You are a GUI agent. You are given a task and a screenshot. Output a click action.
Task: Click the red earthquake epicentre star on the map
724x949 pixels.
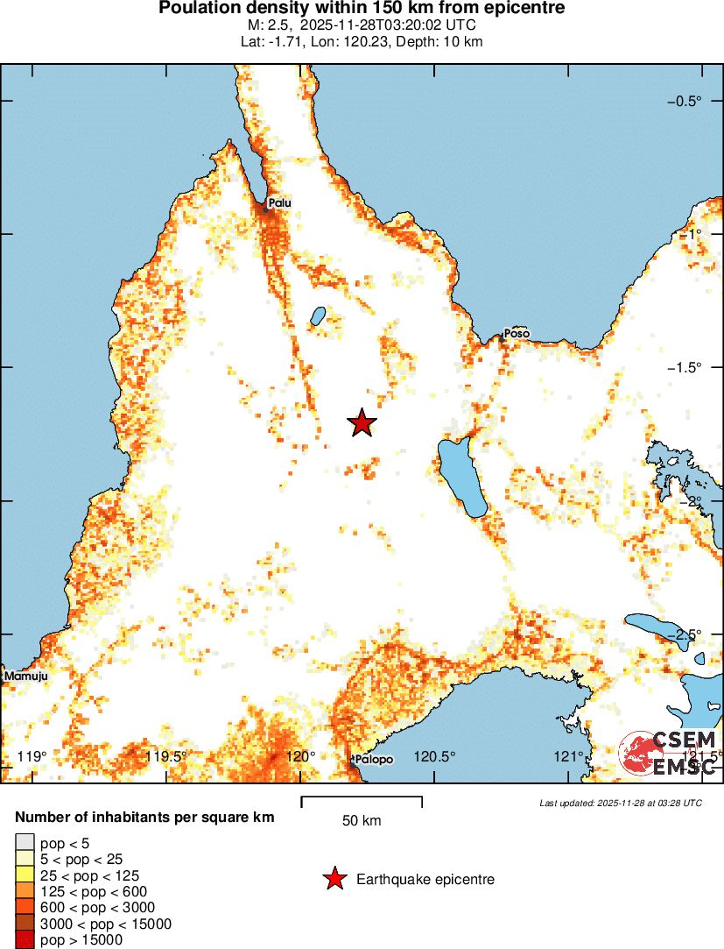pos(362,422)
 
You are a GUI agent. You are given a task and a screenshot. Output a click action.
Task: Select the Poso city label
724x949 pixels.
pos(517,334)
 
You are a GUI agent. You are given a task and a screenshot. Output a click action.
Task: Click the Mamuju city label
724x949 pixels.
pos(25,676)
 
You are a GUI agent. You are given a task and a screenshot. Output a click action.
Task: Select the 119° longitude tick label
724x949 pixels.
pos(32,756)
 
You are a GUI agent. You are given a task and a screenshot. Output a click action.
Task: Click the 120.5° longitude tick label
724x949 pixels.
pos(434,756)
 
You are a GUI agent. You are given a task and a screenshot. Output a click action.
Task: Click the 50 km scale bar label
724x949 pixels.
pos(362,821)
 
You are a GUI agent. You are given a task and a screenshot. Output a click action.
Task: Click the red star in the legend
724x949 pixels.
pos(334,879)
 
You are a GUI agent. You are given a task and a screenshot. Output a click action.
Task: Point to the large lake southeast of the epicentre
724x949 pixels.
pos(462,478)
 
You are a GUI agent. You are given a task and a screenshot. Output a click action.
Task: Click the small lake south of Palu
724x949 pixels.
pos(318,315)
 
